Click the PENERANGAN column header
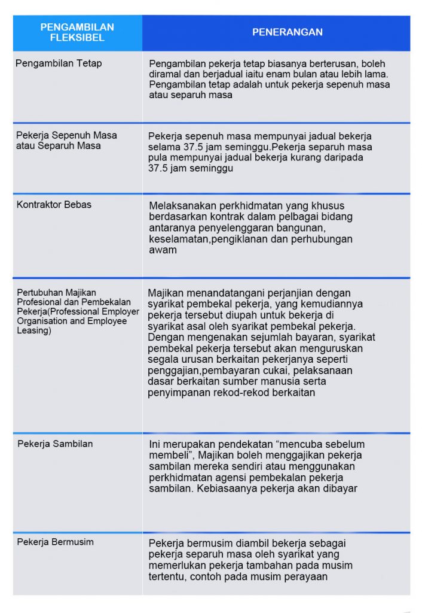coord(287,32)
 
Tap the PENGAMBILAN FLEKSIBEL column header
coord(77,32)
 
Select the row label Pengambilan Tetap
coord(58,63)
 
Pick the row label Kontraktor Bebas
coord(54,204)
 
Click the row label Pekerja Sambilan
coord(55,444)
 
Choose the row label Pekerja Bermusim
coord(55,542)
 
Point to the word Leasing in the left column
coord(35,330)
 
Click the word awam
coord(162,250)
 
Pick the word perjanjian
coord(295,293)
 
